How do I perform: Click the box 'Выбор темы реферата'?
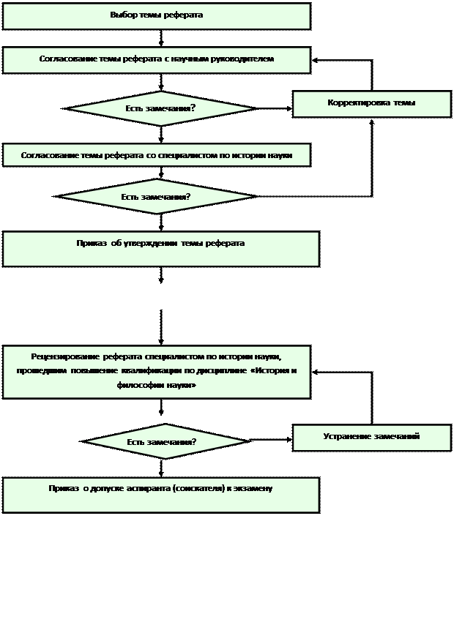(x=156, y=16)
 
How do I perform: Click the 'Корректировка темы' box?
(x=371, y=104)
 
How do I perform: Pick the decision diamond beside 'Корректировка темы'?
(x=160, y=109)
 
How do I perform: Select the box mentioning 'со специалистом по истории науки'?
(x=156, y=155)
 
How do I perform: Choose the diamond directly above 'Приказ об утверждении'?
(x=156, y=197)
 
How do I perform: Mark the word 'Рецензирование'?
(x=65, y=357)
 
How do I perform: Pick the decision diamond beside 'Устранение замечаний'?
(x=165, y=442)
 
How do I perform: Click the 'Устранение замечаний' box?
(x=371, y=437)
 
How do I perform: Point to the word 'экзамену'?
(x=253, y=489)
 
